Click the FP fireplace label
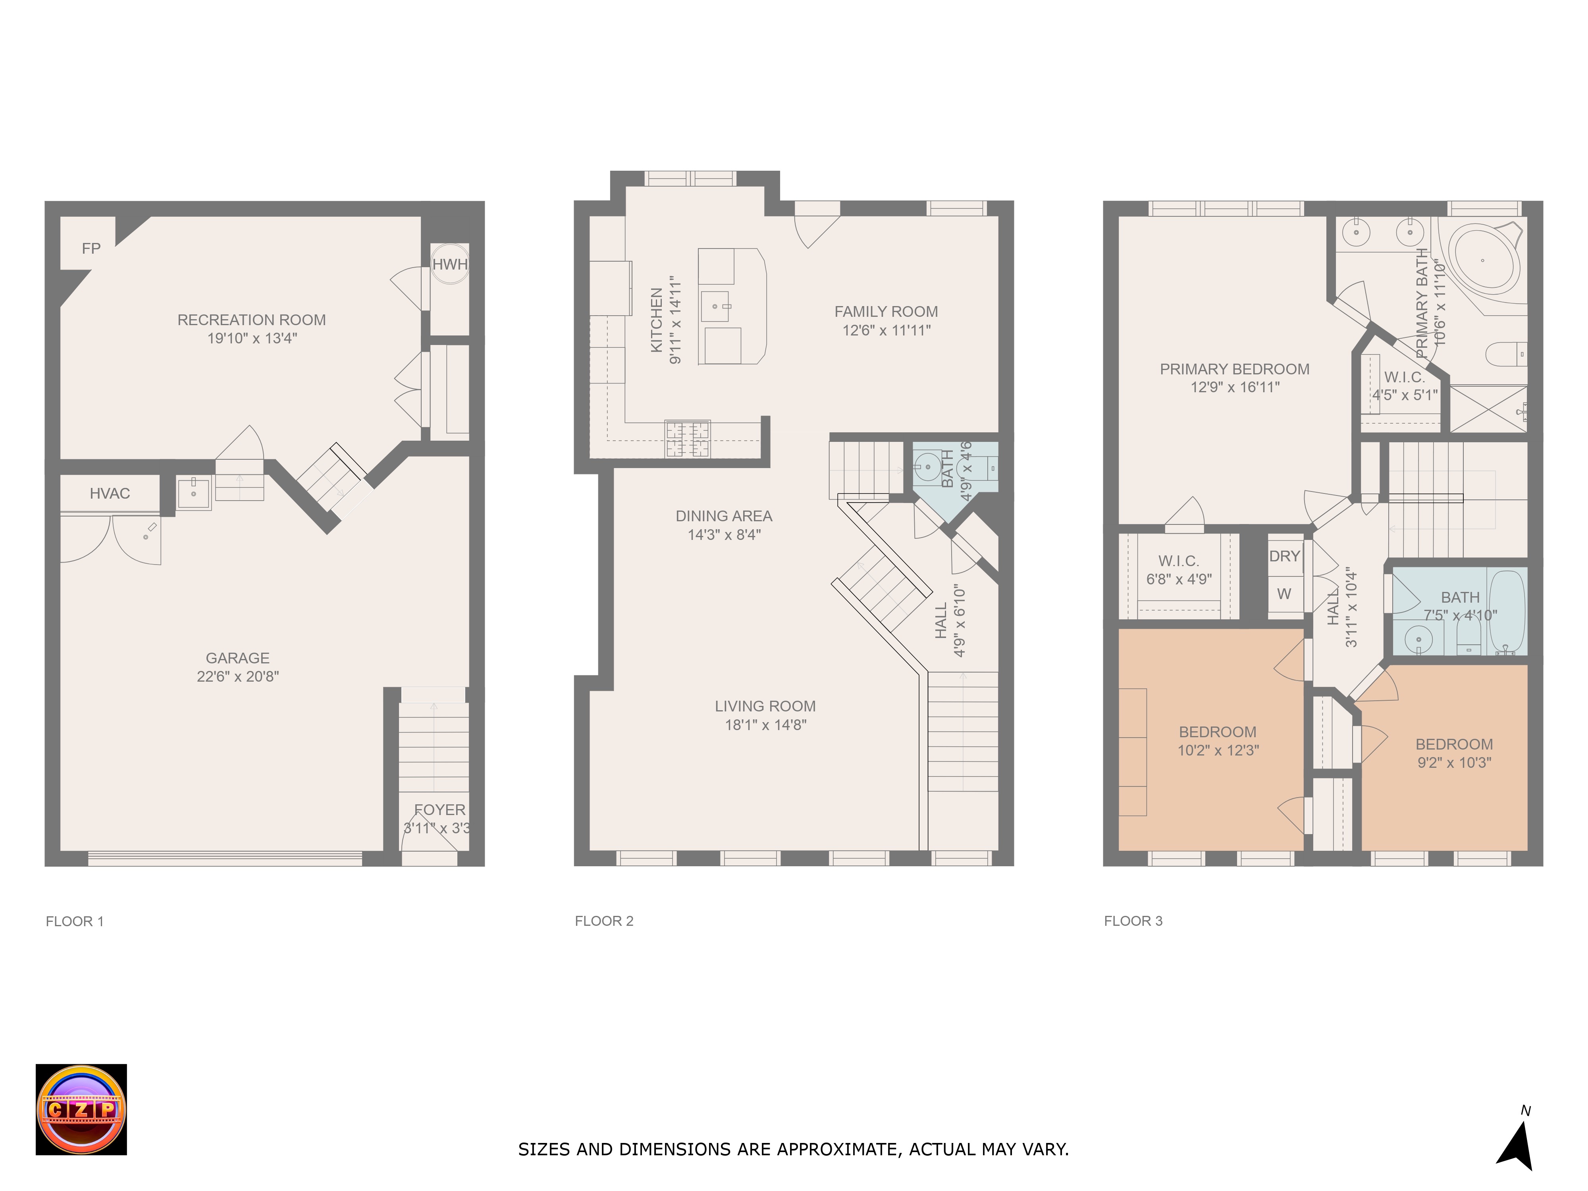coord(91,249)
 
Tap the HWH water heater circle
coord(449,264)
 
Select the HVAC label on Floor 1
coord(110,493)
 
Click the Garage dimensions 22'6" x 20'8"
coord(238,676)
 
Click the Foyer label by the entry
coord(439,810)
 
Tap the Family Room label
coord(886,312)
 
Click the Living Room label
coord(765,706)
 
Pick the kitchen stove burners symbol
coord(688,439)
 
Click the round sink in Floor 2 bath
coord(928,466)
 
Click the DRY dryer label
coord(1284,556)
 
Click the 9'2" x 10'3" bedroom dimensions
coord(1455,762)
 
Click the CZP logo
coord(81,1109)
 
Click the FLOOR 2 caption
coord(604,921)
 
